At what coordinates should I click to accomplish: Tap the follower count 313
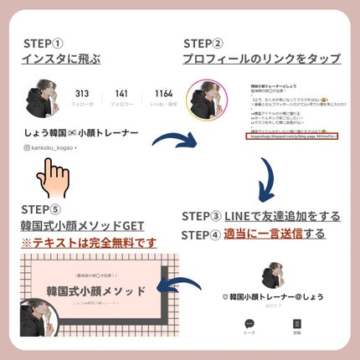pos(82,94)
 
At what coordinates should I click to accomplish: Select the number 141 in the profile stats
pos(121,94)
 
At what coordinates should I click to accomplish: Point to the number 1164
pos(163,94)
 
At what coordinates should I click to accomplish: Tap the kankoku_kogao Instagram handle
pos(52,148)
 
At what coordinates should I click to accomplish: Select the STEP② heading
pos(203,44)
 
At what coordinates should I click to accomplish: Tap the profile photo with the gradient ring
pos(205,101)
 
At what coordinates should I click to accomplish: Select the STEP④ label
pos(202,234)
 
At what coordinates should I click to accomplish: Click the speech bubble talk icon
pos(249,325)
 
